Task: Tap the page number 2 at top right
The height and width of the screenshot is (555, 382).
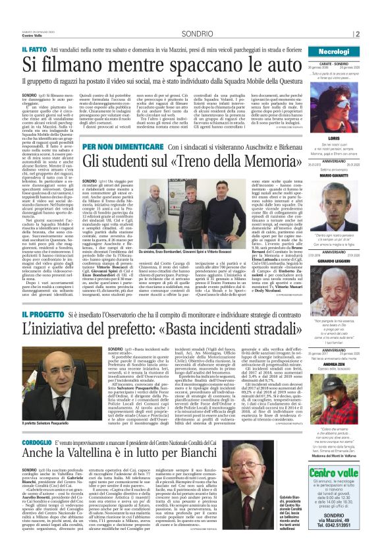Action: coord(375,34)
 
